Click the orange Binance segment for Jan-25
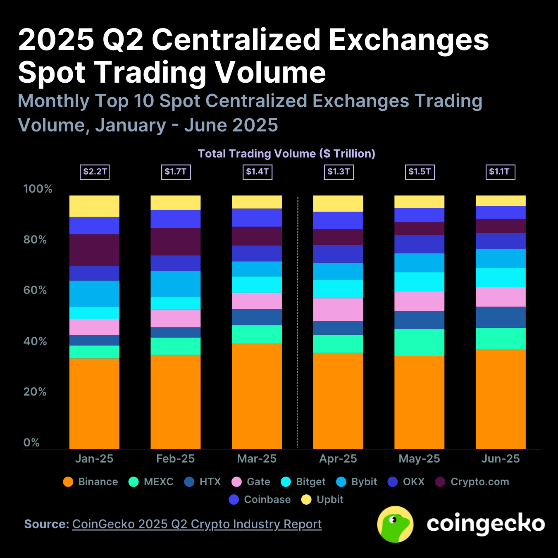coord(94,403)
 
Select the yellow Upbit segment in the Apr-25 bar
coord(338,204)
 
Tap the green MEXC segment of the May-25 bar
coord(419,342)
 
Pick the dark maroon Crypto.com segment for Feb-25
coord(176,242)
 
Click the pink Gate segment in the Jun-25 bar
coord(501,297)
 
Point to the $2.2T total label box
coord(95,172)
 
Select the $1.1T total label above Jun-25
coord(500,172)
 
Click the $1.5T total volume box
coord(420,172)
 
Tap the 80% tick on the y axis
coord(35,240)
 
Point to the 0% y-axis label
coord(31,443)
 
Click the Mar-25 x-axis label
coord(257,459)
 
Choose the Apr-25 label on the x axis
coord(338,459)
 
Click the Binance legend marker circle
coord(68,482)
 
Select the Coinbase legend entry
coord(260,500)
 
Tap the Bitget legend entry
coord(303,482)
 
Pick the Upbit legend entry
coord(323,500)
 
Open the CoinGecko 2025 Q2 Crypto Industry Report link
coord(197,524)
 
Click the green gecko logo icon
coord(395,524)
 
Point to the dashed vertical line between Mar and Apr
coord(298,322)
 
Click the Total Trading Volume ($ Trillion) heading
coord(286,154)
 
